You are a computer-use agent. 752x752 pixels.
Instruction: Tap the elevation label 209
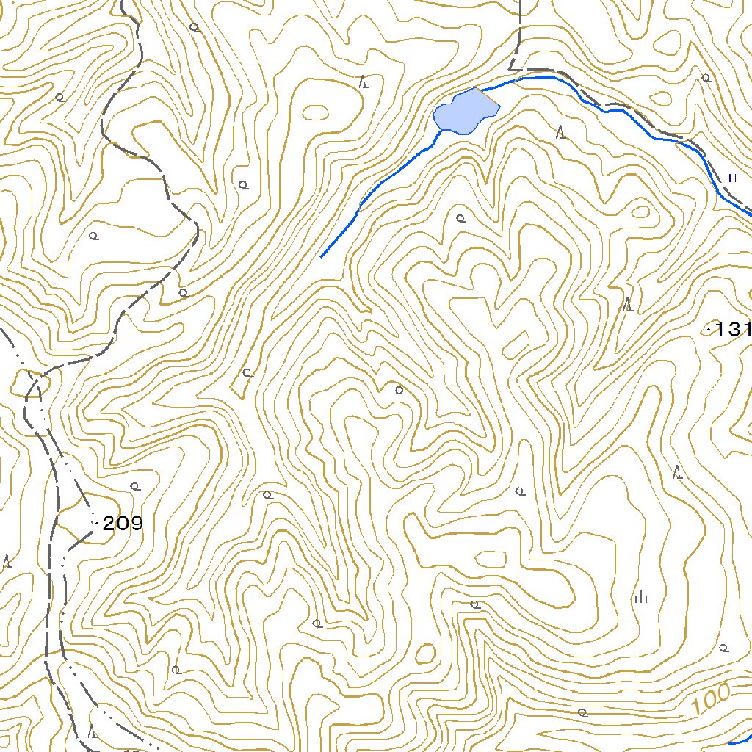click(123, 524)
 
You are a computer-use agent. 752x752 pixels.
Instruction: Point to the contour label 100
click(711, 698)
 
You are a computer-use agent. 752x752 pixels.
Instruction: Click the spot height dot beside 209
click(97, 522)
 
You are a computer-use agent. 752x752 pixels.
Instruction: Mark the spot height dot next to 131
click(709, 330)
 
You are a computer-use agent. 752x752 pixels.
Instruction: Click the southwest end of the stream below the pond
click(322, 257)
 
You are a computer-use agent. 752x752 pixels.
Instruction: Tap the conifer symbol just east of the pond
click(561, 133)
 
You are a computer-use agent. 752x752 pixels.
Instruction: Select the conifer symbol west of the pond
click(364, 82)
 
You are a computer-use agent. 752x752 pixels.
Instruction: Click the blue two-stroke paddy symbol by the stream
click(731, 177)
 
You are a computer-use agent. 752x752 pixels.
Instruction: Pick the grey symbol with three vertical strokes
click(641, 597)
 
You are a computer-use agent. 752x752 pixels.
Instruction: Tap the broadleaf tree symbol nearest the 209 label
click(134, 486)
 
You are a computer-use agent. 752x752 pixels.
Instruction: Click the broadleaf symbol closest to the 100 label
click(723, 648)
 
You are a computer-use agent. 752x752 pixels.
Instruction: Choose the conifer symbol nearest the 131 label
click(628, 304)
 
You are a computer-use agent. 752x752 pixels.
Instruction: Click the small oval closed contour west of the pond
click(316, 112)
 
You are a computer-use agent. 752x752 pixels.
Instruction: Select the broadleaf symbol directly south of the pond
click(460, 217)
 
